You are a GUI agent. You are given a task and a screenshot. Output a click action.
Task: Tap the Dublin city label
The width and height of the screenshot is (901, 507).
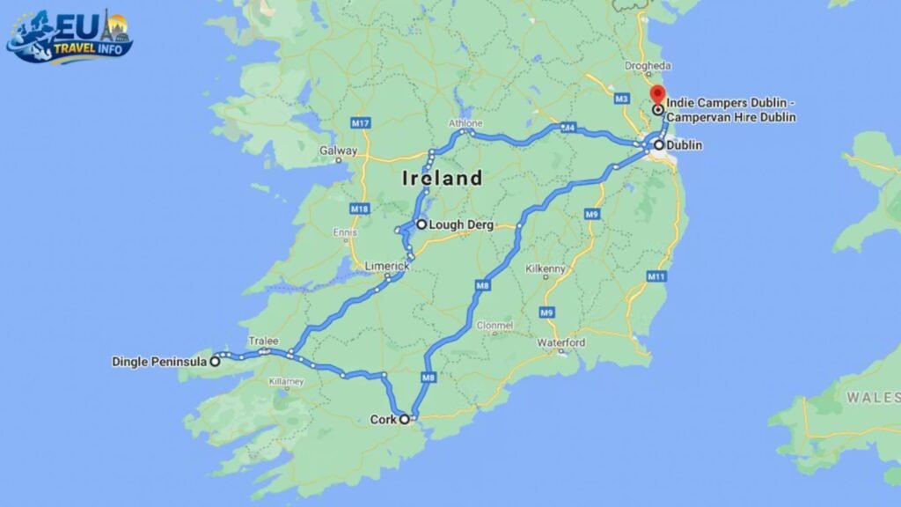(x=685, y=145)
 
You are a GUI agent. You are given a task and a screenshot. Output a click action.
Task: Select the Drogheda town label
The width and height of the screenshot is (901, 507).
(x=648, y=66)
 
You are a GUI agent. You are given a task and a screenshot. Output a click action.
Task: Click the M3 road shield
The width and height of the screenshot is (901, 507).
(x=622, y=97)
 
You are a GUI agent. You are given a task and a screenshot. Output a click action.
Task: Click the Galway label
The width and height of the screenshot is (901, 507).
(x=338, y=151)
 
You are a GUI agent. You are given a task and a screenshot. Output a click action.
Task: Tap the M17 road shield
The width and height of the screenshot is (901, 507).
(x=359, y=123)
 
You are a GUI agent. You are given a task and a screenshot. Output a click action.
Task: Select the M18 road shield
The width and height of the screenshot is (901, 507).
(x=358, y=209)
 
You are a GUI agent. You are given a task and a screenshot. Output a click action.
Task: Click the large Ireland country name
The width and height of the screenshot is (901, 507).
(x=442, y=179)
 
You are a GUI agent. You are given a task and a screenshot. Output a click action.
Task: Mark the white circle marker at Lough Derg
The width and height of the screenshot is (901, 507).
(x=421, y=224)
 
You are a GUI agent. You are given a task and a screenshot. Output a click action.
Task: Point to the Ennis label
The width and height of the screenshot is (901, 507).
(x=344, y=232)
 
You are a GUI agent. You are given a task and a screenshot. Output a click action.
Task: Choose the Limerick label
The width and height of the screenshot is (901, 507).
(x=388, y=266)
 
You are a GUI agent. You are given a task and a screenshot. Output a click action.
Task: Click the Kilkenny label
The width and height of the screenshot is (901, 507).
(x=545, y=268)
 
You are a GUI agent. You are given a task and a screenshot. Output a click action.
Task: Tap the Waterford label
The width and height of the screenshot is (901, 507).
(x=561, y=342)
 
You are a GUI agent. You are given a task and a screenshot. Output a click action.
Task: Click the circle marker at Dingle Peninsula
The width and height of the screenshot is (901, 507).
(x=215, y=361)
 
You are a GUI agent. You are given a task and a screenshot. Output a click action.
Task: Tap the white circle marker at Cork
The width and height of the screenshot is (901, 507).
(x=405, y=420)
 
